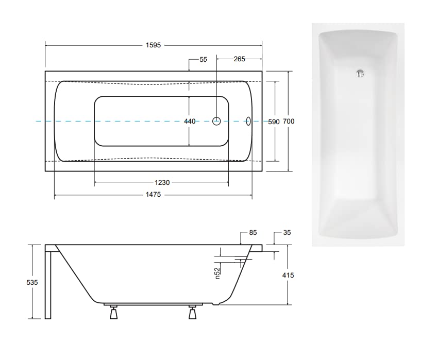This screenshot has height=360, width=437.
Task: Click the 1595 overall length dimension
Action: click(153, 45)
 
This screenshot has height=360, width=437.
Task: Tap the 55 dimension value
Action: click(204, 59)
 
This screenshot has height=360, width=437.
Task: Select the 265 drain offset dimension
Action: click(240, 59)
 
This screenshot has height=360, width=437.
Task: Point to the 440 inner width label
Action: click(190, 121)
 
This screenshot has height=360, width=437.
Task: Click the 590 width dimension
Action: click(274, 122)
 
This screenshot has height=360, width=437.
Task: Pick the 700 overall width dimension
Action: click(289, 121)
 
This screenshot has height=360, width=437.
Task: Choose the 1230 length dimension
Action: click(162, 182)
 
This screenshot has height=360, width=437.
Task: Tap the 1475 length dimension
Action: click(153, 195)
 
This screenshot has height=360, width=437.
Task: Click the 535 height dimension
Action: click(32, 282)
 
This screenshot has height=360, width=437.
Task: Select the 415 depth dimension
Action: click(288, 276)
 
